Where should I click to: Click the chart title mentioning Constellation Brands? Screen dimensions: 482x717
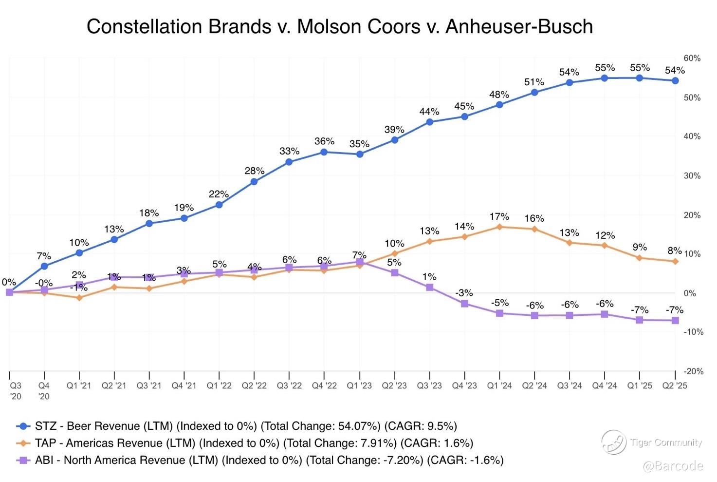point(339,26)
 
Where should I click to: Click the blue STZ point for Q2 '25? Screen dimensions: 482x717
point(675,80)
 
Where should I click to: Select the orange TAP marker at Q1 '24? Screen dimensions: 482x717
point(499,227)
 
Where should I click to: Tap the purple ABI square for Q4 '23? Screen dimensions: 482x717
point(464,304)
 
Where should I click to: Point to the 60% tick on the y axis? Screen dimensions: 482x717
point(692,58)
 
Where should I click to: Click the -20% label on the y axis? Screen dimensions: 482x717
point(693,371)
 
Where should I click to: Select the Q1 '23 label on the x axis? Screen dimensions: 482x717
point(359,386)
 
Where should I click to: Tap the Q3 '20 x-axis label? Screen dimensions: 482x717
point(16,390)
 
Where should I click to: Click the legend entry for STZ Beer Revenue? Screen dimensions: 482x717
point(245,426)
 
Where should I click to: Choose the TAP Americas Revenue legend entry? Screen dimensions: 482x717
point(254,443)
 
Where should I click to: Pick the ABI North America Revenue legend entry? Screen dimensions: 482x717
point(269,460)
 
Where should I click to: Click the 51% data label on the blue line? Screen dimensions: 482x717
point(534,82)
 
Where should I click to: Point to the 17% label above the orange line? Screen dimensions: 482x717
point(499,216)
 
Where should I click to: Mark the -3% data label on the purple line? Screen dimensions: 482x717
point(464,293)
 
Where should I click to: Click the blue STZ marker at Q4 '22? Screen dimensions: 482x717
point(324,152)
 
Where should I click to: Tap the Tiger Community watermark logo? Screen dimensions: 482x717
point(614,442)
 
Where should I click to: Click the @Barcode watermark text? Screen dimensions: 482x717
point(673,466)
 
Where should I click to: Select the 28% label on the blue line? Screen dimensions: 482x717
point(254,171)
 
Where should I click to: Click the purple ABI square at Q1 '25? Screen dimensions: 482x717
point(640,320)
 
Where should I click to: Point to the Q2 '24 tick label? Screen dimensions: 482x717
point(534,386)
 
